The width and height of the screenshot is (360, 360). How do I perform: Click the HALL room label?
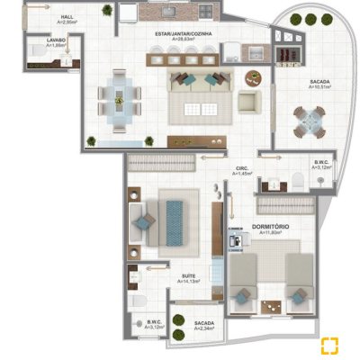click(67, 17)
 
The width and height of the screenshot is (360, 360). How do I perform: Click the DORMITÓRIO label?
click(270, 226)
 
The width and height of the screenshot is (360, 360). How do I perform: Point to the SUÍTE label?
click(189, 275)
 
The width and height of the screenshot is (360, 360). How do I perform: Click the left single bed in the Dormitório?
click(243, 279)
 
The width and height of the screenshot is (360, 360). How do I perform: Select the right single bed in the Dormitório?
click(297, 279)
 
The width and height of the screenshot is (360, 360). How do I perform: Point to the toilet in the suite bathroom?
click(136, 301)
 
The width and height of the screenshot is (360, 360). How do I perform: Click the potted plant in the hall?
click(107, 12)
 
